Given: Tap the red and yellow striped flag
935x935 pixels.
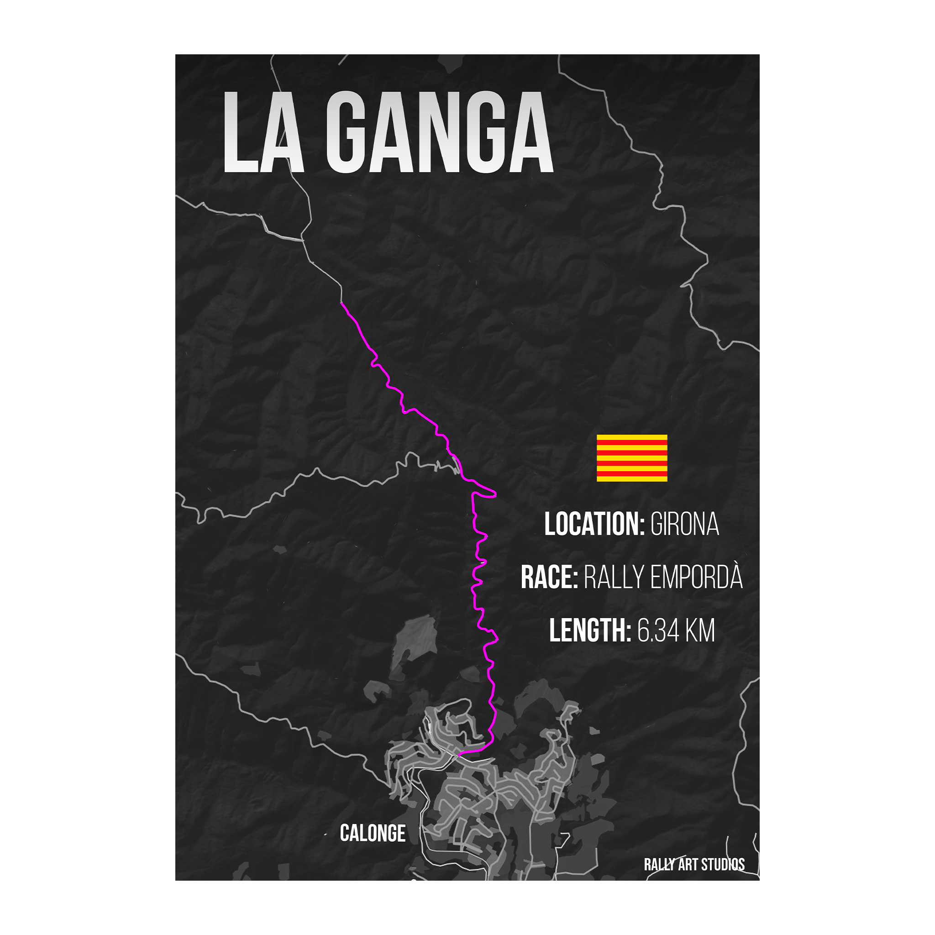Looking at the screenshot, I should pos(631,458).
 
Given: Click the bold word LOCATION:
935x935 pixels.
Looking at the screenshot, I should pos(594,524).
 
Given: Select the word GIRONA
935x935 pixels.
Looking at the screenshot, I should pos(684,524).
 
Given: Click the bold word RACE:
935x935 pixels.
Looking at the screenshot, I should pos(549,578).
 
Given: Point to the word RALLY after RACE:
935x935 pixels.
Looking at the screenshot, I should pos(614,578).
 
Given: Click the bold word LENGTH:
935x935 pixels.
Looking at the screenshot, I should pos(590,630).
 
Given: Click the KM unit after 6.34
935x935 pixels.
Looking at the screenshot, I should pos(701,631).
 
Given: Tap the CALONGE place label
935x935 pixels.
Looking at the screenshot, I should pos(373,833).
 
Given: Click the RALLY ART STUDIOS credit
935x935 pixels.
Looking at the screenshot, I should pos(694,864).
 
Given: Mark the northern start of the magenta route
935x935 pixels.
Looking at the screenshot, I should pos(341,304).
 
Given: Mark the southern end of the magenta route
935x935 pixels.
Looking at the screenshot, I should pos(459,754).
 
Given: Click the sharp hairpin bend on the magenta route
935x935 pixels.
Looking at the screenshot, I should pos(494,494).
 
